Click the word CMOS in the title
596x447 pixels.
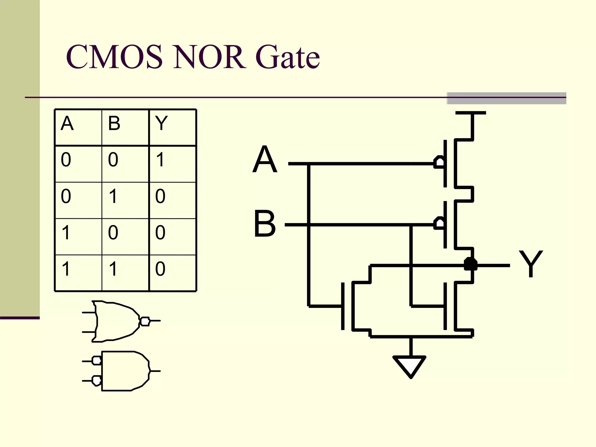click(x=114, y=57)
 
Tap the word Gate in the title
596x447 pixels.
click(x=288, y=57)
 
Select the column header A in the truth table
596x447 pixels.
click(x=67, y=123)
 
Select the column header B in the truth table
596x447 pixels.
click(x=114, y=123)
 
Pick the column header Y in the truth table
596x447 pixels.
click(x=161, y=123)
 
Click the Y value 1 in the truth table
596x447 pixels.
click(x=160, y=160)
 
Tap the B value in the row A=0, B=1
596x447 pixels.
click(x=113, y=196)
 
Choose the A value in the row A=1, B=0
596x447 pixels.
click(x=66, y=233)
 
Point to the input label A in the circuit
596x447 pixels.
click(x=265, y=159)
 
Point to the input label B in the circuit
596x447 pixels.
click(x=265, y=224)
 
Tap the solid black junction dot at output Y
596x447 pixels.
click(x=471, y=264)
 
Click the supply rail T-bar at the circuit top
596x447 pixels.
click(x=471, y=113)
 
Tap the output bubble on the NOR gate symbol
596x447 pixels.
click(x=145, y=321)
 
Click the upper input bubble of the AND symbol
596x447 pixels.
click(x=97, y=361)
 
